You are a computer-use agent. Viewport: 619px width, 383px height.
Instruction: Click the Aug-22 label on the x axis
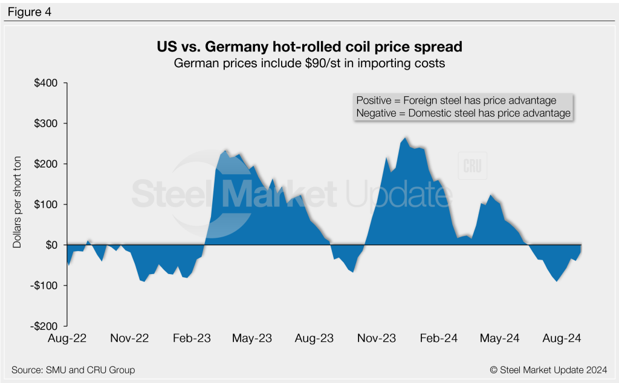coord(68,338)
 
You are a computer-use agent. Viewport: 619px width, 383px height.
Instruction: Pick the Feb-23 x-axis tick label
coord(191,338)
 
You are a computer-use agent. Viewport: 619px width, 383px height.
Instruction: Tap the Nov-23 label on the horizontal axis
coord(376,338)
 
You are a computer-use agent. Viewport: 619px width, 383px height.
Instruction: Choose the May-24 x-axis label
coord(499,338)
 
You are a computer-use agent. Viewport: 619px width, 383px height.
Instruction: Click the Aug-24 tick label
coord(562,338)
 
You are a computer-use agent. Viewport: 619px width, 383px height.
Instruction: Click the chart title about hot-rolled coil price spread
coord(309,47)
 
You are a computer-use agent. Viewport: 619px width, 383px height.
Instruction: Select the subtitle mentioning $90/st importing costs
coord(309,63)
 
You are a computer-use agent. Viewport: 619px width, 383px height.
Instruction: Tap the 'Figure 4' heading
coord(30,11)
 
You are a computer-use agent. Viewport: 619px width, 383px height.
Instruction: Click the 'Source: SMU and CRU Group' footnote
coord(73,369)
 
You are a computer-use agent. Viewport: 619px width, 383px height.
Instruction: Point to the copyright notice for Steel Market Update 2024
coord(548,369)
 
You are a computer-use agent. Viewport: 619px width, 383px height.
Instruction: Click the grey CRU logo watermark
coord(472,166)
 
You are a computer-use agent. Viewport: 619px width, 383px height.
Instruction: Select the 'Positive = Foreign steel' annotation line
coord(456,100)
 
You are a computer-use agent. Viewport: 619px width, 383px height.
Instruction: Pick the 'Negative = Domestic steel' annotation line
coord(463,113)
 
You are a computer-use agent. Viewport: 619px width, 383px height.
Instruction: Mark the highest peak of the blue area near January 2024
coord(405,138)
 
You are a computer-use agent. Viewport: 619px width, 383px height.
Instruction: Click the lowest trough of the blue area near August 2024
coord(556,281)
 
